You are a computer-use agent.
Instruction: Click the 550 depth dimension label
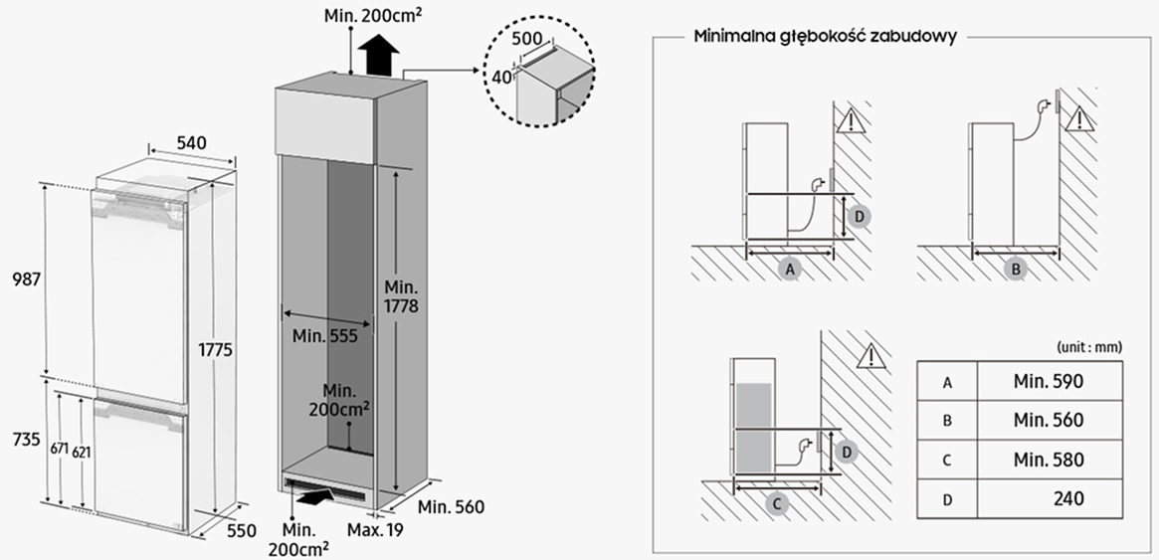(x=239, y=530)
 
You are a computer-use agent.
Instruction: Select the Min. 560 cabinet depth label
(x=451, y=507)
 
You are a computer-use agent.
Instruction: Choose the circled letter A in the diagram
(x=790, y=269)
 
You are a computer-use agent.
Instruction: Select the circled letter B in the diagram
(x=1016, y=269)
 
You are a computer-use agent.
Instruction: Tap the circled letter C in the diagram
(x=777, y=503)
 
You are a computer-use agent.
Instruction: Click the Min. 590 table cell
(x=1049, y=381)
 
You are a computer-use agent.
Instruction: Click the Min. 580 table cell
(x=1049, y=460)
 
